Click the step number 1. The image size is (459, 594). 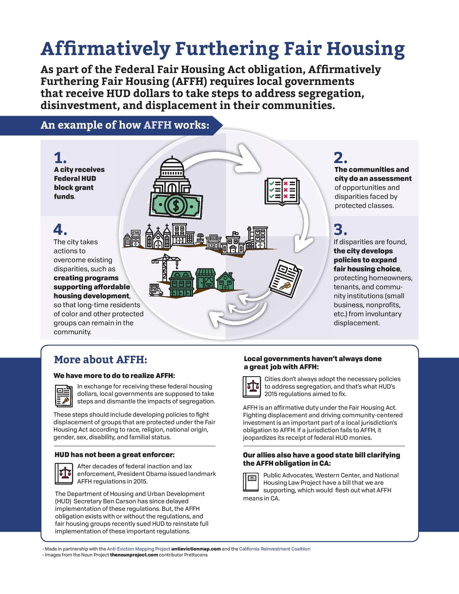coord(60,158)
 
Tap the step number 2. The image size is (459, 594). coord(340,158)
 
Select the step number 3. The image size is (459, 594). coord(340,230)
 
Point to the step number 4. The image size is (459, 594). coord(60,230)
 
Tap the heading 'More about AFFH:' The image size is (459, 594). coord(100,359)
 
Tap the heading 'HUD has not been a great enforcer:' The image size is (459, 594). coord(114,455)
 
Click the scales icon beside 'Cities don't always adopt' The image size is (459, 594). coord(251,386)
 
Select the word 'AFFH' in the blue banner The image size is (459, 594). coord(157,125)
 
